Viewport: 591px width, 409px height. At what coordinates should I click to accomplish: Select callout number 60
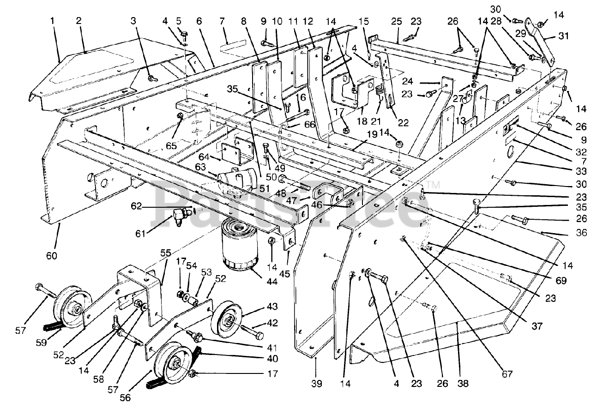[52, 255]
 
